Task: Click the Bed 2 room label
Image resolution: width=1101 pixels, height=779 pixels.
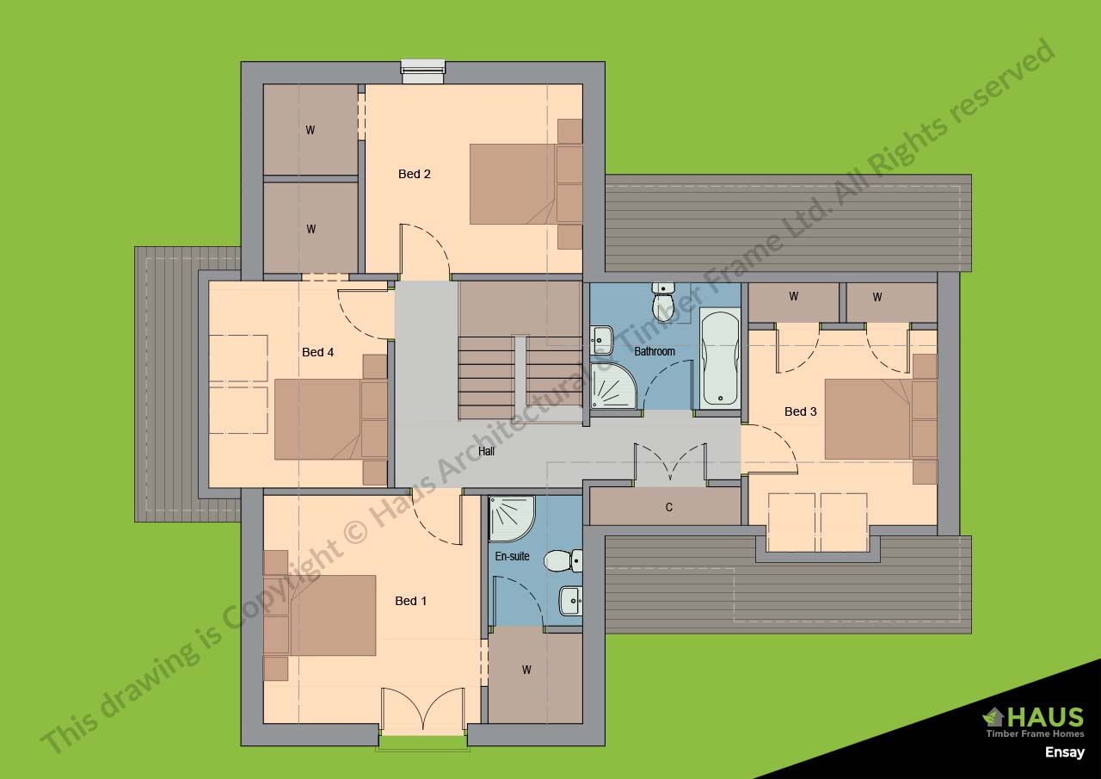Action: point(415,174)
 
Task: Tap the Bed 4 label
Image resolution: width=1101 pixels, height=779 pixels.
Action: point(318,352)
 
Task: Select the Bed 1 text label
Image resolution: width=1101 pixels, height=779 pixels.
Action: point(411,601)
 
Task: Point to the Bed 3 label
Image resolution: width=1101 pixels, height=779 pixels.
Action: point(801,411)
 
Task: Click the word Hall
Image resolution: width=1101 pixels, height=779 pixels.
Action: point(486,451)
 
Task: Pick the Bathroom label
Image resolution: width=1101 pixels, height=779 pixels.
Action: point(655,352)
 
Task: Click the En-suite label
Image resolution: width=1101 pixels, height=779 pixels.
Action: point(512,556)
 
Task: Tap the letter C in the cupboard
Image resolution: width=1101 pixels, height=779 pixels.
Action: point(669,508)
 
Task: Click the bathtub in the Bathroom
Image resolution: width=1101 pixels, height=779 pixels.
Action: point(720,359)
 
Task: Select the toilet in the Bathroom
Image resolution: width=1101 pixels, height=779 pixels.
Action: point(663,301)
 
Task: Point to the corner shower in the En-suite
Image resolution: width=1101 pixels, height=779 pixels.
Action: point(512,519)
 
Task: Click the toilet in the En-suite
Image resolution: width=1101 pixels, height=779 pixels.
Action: point(563,561)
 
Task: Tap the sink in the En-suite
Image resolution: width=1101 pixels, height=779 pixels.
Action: point(570,601)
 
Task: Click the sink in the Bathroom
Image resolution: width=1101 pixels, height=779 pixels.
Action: point(601,340)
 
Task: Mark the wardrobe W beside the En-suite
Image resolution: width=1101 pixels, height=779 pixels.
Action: point(526,670)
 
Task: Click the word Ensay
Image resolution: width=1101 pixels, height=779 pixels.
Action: point(1064,752)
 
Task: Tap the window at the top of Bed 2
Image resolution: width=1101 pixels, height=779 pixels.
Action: point(423,72)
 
